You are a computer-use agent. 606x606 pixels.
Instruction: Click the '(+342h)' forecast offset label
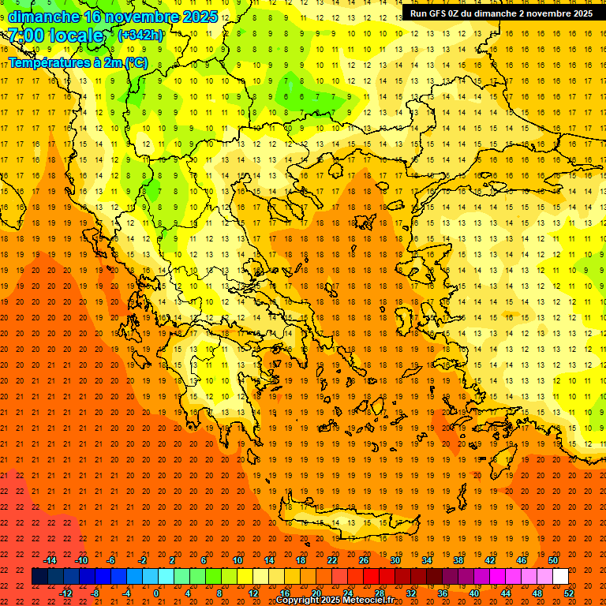coord(140,36)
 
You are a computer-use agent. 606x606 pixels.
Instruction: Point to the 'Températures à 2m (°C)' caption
coord(77,62)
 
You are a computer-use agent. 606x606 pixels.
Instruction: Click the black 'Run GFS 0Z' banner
coord(501,13)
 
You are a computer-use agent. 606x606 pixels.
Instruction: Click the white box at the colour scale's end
coord(560,577)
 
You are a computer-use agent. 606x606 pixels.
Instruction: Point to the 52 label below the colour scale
coord(569,593)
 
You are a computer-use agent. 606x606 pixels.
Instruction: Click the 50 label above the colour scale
coord(553,560)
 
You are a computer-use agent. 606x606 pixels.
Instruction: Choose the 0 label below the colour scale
coord(156,593)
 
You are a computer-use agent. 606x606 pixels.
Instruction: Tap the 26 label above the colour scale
coord(364,560)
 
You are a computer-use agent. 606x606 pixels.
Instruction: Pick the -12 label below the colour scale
coord(66,593)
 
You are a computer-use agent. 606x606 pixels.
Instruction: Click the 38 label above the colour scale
coord(458,560)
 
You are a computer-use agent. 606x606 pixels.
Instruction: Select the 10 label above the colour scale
coord(238,560)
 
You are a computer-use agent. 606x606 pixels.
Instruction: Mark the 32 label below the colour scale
coord(411,593)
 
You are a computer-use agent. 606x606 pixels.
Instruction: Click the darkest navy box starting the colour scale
coord(39,577)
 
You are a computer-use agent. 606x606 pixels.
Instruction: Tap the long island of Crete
coord(347,523)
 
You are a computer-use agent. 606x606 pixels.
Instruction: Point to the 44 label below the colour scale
coord(506,593)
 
